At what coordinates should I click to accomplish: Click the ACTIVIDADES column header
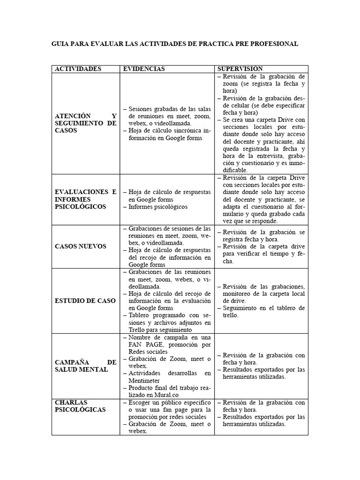78,69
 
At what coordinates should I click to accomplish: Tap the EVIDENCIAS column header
143,69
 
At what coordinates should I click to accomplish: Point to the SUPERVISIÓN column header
240,69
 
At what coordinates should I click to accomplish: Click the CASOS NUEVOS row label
81,247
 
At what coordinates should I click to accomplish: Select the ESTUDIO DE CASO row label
85,301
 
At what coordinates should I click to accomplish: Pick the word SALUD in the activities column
68,369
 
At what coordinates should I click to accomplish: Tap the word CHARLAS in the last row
72,402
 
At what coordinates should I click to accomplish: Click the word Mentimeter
144,381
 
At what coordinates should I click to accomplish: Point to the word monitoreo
231,294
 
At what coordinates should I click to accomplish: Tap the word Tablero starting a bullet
139,315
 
